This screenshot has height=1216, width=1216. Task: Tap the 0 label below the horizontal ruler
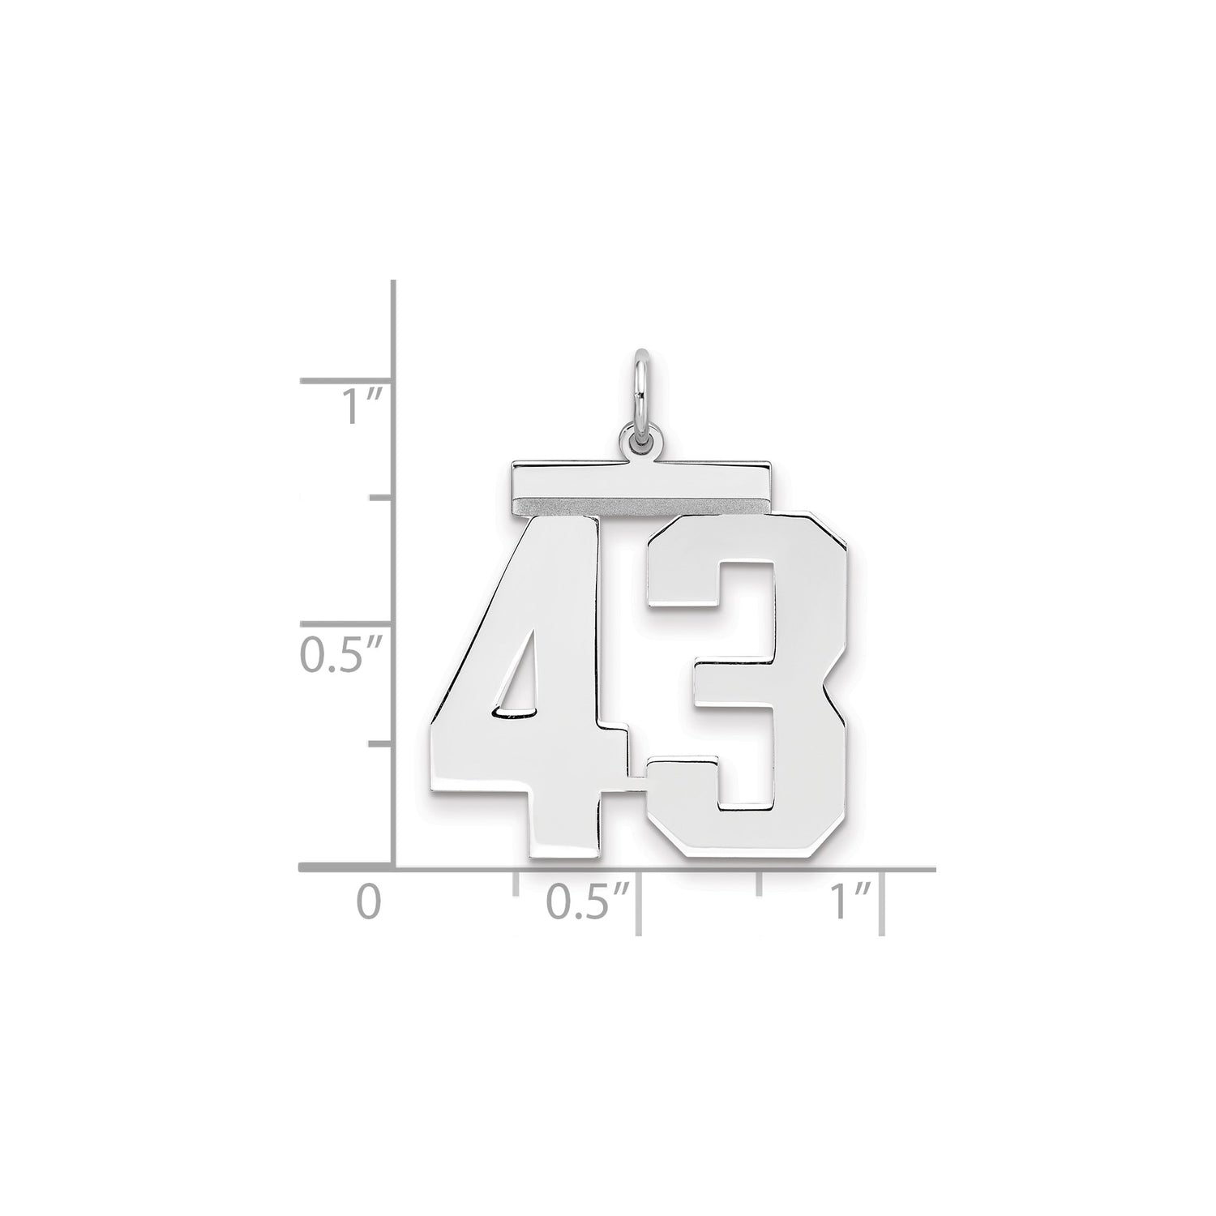coord(369,903)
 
